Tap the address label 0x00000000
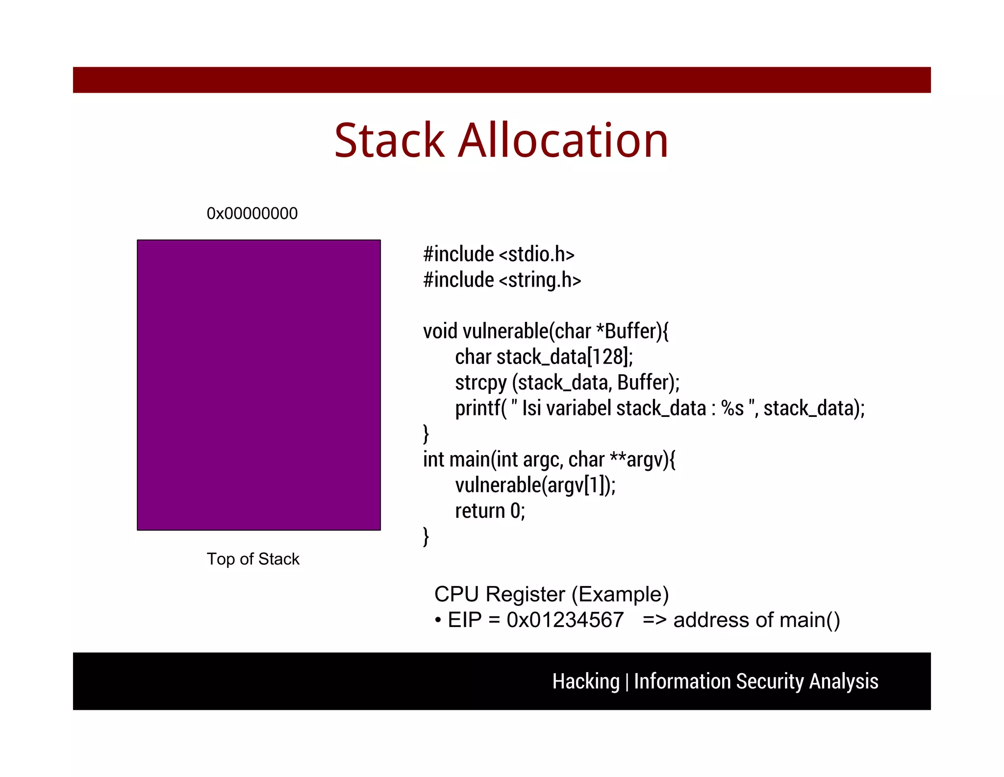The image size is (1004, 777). tap(252, 214)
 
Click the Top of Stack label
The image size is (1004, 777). tap(252, 559)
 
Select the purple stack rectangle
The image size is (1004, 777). tap(259, 385)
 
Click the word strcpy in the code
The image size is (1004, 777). tap(480, 383)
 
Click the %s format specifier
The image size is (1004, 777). tap(732, 408)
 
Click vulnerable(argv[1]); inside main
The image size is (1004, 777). tap(535, 485)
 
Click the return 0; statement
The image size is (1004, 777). tap(490, 511)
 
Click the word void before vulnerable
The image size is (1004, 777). tap(440, 331)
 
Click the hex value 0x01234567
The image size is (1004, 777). tap(565, 620)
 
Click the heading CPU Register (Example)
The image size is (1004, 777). tap(551, 594)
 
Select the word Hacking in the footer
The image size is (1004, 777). tap(586, 681)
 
